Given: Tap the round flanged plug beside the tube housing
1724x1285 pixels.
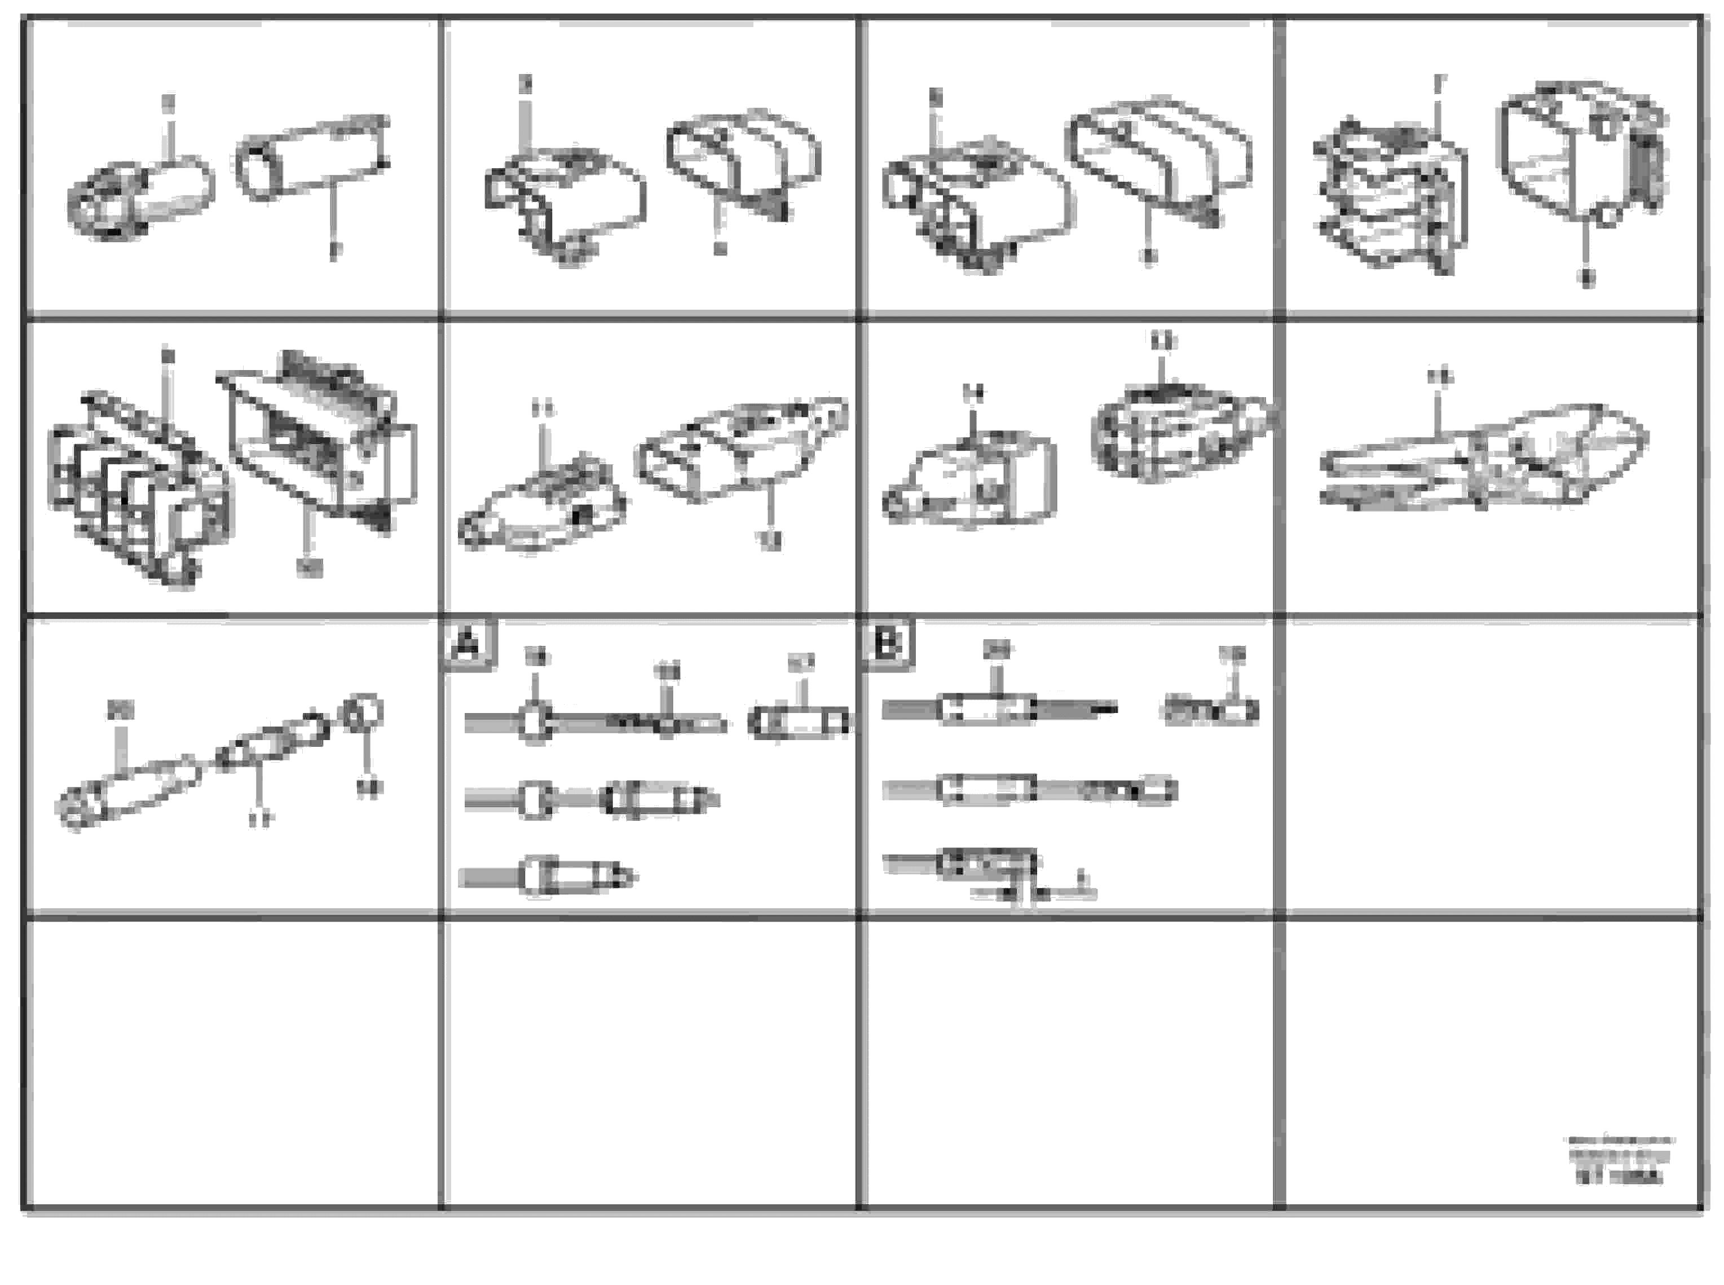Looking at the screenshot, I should pos(140,199).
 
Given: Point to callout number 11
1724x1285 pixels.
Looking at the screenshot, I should pos(544,408).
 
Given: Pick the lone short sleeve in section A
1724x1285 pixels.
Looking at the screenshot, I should pos(799,723).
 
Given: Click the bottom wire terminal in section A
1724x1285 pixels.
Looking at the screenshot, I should pos(548,877).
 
